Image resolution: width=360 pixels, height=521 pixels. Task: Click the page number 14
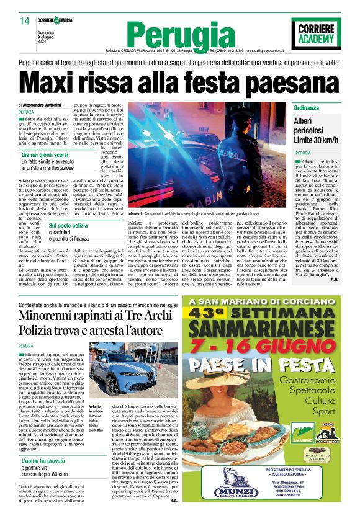tap(24, 22)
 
